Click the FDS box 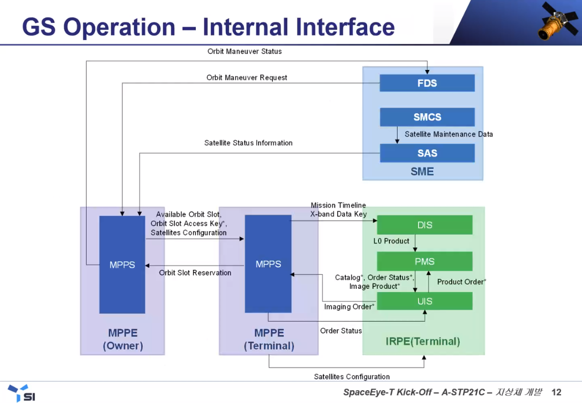[427, 83]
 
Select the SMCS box [427, 117]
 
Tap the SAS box [427, 153]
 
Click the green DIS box [425, 225]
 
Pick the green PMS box [425, 261]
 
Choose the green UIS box [425, 301]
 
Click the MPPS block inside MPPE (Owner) [122, 265]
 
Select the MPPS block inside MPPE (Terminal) [268, 264]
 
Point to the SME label [422, 171]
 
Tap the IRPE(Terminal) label [423, 342]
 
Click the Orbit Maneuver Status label [244, 51]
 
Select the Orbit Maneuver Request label [247, 78]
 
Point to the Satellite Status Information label [248, 143]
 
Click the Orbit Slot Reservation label [195, 273]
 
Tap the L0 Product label [391, 241]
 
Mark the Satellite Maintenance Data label [448, 134]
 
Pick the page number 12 [556, 393]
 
